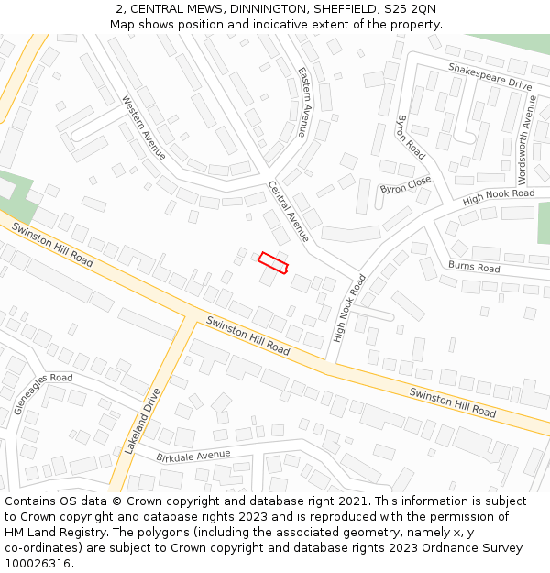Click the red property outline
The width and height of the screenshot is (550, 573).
pos(273,262)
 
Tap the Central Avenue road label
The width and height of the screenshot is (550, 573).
pos(289,211)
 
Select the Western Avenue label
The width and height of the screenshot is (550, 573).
pos(144,127)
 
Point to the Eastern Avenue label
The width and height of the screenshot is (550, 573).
pos(302,102)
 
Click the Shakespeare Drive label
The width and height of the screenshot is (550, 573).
pos(489,76)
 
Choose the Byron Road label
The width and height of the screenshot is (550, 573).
pos(411,138)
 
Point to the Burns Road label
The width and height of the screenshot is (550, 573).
pos(474,267)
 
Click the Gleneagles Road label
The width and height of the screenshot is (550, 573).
pos(43,393)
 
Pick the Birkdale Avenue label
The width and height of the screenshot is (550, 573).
pos(192,456)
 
